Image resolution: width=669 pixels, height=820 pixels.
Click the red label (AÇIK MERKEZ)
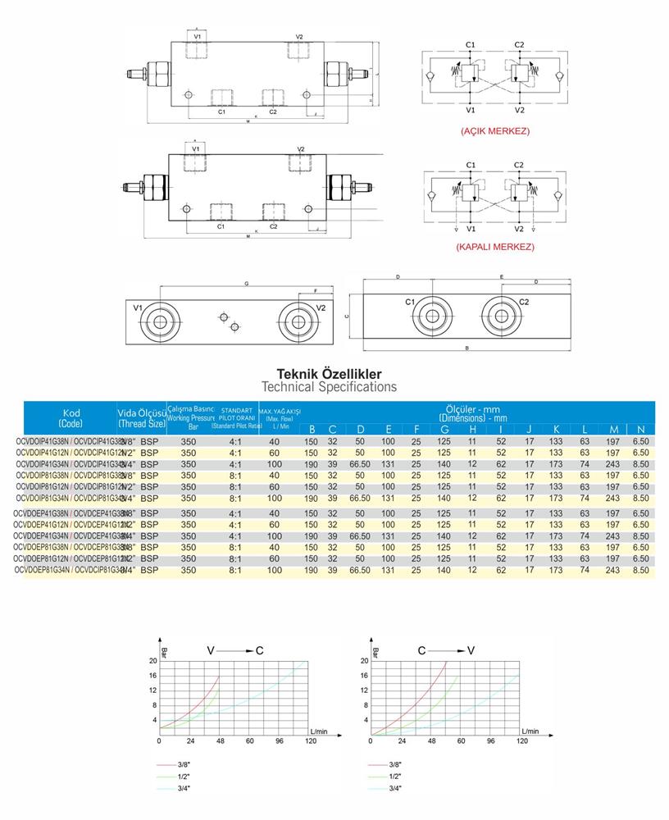[495, 131]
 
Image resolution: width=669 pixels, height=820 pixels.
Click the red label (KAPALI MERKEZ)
[495, 246]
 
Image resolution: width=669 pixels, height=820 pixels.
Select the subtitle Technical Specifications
[329, 386]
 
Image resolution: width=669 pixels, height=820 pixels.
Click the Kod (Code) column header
[71, 417]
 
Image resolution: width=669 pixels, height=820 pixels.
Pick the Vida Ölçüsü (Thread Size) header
[141, 417]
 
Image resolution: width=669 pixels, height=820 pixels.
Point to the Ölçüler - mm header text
[473, 409]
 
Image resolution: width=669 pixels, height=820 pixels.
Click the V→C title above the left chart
[235, 650]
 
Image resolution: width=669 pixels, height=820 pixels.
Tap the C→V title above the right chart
[446, 650]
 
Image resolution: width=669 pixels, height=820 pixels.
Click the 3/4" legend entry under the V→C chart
[188, 788]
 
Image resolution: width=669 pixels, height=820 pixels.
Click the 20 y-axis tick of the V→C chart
[153, 660]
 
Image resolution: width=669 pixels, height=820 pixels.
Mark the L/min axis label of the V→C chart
[319, 728]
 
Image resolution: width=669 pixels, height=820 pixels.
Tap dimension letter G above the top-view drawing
[246, 284]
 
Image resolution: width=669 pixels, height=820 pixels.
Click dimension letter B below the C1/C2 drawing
[466, 348]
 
